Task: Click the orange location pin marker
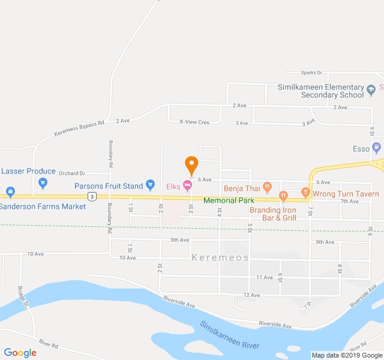click(191, 164)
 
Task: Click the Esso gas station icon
click(376, 146)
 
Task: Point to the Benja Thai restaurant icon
click(267, 187)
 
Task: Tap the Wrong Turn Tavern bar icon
click(305, 193)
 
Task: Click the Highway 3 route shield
click(91, 196)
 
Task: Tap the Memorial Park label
click(229, 200)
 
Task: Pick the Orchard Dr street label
click(72, 173)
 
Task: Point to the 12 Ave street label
click(251, 295)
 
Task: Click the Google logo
click(20, 353)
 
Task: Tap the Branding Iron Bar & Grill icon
click(284, 196)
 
